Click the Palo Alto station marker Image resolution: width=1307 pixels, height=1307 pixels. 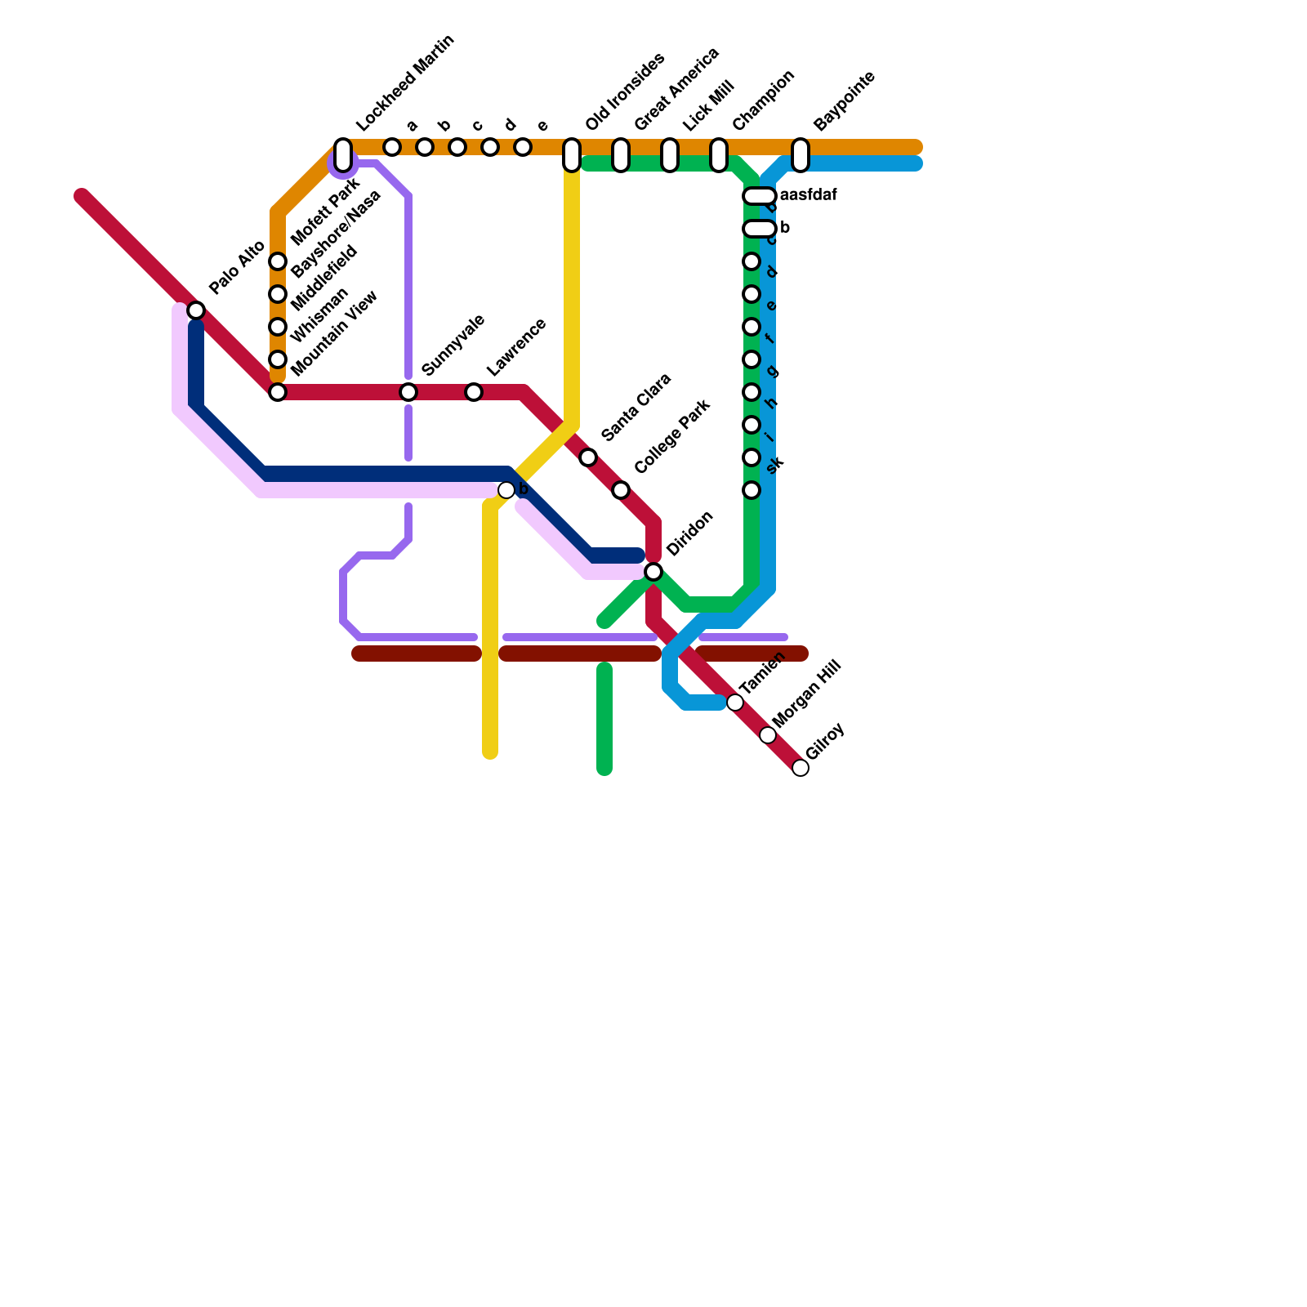pyautogui.click(x=196, y=310)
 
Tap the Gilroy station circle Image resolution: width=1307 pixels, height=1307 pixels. pyautogui.click(x=801, y=768)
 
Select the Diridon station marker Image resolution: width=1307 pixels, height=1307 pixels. pyautogui.click(x=653, y=572)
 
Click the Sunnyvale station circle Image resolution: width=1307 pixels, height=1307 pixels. pyautogui.click(x=408, y=392)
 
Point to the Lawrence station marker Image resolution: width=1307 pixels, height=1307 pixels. pyautogui.click(x=474, y=392)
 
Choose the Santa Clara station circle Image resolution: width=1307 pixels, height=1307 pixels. pyautogui.click(x=588, y=457)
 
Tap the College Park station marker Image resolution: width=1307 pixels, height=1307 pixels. pyautogui.click(x=621, y=490)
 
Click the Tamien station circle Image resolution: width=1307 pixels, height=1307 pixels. pyautogui.click(x=735, y=703)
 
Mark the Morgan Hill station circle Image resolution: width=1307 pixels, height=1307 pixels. pyautogui.click(x=768, y=735)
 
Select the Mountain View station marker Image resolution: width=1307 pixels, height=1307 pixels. pyautogui.click(x=278, y=392)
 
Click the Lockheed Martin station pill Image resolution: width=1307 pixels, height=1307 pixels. pyautogui.click(x=343, y=154)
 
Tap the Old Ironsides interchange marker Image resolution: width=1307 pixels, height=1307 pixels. pyautogui.click(x=572, y=154)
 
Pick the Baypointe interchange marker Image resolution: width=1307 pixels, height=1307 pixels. pyautogui.click(x=801, y=154)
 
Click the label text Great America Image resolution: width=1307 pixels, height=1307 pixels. pyautogui.click(x=676, y=89)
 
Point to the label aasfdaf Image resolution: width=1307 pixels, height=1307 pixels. pyautogui.click(x=808, y=196)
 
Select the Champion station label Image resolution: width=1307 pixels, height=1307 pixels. pyautogui.click(x=763, y=100)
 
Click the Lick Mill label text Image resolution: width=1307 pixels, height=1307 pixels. pyautogui.click(x=709, y=106)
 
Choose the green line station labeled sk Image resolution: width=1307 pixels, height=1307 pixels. pyautogui.click(x=752, y=490)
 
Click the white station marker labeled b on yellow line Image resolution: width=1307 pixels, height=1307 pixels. pyautogui.click(x=506, y=490)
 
